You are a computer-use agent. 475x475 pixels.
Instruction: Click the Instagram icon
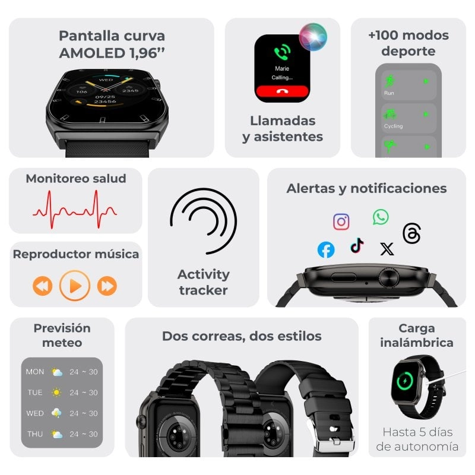click(x=341, y=222)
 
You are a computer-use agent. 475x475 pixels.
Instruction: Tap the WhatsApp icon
click(x=381, y=217)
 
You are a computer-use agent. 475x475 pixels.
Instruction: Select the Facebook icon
click(x=326, y=250)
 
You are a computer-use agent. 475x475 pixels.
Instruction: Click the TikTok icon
click(x=357, y=245)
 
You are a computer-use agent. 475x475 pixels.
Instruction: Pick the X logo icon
click(x=387, y=249)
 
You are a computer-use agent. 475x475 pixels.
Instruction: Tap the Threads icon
click(x=411, y=233)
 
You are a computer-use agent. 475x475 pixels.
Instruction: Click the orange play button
click(x=75, y=286)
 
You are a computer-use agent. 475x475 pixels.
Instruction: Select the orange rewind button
click(x=43, y=286)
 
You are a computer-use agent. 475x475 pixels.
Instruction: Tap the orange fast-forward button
click(x=107, y=286)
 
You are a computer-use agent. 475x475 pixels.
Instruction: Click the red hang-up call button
click(x=283, y=92)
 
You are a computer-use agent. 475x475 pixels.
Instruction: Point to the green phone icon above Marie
click(x=281, y=52)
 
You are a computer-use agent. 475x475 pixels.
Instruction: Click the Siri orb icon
click(x=313, y=36)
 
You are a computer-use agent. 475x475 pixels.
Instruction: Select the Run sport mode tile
click(x=408, y=85)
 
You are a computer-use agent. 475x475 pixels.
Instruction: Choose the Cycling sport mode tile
click(x=408, y=118)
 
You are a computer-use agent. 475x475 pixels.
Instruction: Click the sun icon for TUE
click(x=56, y=392)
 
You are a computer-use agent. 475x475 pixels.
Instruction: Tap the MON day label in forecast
click(x=35, y=372)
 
